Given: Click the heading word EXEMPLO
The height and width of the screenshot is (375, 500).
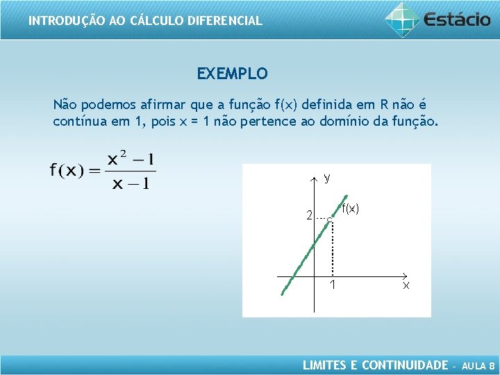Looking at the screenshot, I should tap(232, 74).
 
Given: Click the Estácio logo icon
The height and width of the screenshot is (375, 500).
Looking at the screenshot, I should tap(402, 19).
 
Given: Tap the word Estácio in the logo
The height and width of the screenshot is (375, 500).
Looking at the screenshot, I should tap(456, 19).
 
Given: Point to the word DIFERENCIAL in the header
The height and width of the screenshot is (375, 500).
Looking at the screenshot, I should tap(224, 21).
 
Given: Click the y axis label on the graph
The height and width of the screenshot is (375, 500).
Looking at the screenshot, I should tap(326, 178).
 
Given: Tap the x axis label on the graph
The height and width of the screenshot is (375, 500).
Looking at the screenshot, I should tap(406, 285).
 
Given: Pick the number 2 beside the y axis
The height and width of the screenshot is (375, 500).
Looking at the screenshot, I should tap(310, 216).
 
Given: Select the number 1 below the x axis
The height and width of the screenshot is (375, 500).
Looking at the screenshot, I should tap(333, 285).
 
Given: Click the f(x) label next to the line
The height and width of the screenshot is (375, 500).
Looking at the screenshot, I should tap(350, 208).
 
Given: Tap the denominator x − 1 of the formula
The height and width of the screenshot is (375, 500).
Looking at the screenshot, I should tap(131, 183).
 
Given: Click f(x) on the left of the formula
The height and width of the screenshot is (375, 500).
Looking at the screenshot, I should tap(67, 171).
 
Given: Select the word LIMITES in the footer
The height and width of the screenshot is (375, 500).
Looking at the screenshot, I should tap(324, 365).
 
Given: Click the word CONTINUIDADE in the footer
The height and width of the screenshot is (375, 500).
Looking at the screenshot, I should tap(406, 365).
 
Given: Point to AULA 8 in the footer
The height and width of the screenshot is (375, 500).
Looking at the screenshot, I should tap(478, 365).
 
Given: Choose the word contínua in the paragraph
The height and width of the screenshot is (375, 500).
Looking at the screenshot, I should tap(76, 122).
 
